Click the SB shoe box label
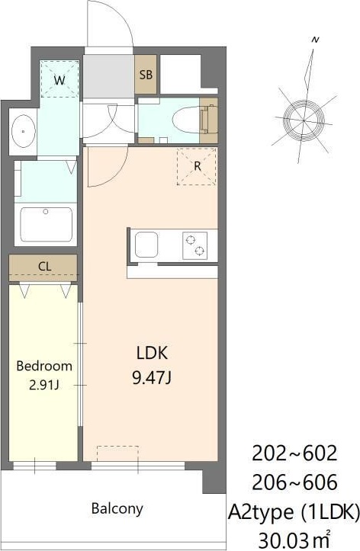click(146, 75)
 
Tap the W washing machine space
click(59, 78)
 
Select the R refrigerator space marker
click(197, 166)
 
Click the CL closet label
click(45, 266)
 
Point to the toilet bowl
click(186, 120)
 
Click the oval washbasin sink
click(23, 131)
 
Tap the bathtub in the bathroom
click(46, 224)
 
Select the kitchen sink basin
click(146, 245)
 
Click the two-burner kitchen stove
click(194, 245)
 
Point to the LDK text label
click(153, 353)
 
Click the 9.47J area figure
click(152, 378)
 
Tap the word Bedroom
click(44, 366)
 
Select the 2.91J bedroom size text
click(44, 386)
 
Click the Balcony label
click(117, 509)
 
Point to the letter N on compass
click(315, 40)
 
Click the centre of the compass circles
click(304, 120)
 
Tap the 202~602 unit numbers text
click(294, 453)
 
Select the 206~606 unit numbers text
click(294, 482)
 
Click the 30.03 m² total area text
click(294, 538)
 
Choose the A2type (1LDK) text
click(294, 511)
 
